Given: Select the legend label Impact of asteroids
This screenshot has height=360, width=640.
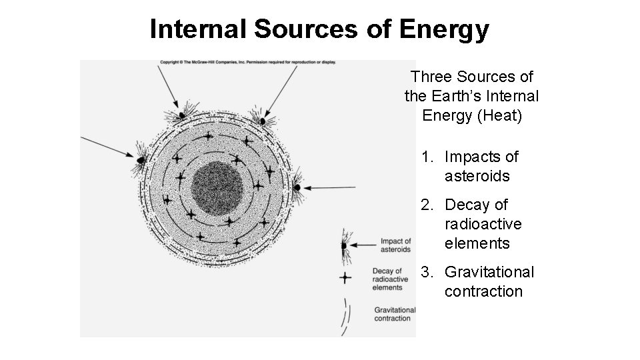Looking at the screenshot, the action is tap(395, 245).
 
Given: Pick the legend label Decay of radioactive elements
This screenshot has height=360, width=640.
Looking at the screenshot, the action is tap(387, 279).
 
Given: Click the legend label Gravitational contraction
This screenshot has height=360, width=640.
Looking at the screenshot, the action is tap(395, 314).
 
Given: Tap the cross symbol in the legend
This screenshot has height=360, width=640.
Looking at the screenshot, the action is tap(345, 277).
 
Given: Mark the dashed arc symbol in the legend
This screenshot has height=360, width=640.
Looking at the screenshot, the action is tap(345, 316).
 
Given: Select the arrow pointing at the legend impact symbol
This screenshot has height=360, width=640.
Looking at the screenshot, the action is tap(364, 245).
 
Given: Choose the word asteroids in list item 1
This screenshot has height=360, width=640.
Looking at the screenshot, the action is tap(477, 177).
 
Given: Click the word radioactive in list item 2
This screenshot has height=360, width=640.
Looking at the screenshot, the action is tap(483, 225).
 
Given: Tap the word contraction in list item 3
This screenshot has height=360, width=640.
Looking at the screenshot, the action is tap(483, 292).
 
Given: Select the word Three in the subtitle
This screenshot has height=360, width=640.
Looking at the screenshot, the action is tap(433, 77).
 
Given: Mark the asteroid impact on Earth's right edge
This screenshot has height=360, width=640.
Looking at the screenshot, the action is tap(297, 187).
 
